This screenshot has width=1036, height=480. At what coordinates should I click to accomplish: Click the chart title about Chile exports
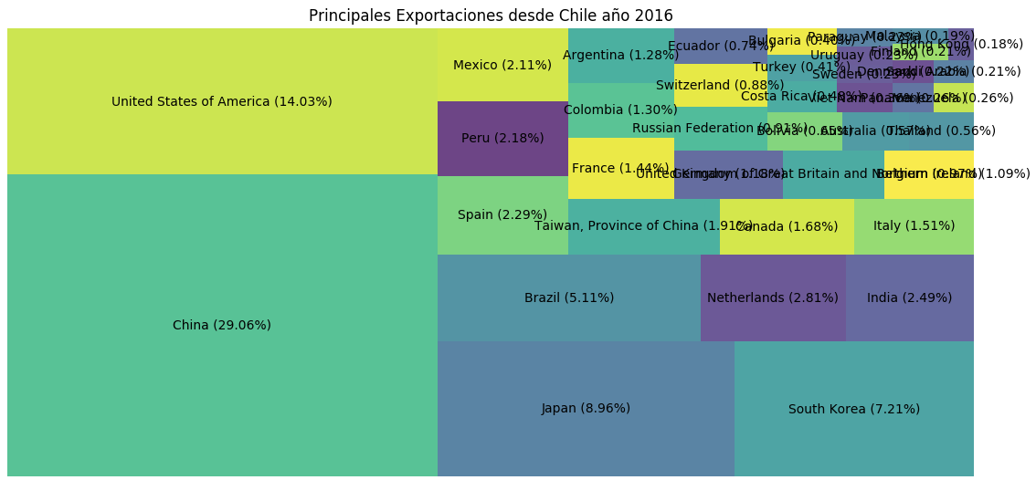[x=491, y=16]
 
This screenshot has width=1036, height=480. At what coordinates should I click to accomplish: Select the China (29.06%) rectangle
[x=222, y=325]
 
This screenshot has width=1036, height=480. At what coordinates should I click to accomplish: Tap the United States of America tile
[x=222, y=101]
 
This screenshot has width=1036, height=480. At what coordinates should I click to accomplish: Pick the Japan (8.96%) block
[x=586, y=408]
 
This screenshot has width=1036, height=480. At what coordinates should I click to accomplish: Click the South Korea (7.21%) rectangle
[x=853, y=409]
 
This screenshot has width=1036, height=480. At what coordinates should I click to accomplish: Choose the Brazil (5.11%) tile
[x=569, y=297]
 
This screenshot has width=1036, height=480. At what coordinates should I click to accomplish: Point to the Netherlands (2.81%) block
[x=773, y=297]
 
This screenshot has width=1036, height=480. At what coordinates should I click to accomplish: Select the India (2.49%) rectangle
[x=910, y=297]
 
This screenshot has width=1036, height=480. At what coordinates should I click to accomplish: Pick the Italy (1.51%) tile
[x=914, y=226]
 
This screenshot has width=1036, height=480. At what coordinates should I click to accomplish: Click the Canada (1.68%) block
[x=787, y=226]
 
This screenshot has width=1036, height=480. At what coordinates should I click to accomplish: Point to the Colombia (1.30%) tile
[x=621, y=110]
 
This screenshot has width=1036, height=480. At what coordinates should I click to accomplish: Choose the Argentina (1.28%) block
[x=621, y=55]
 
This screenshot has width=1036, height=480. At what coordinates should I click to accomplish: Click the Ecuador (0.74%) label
[x=721, y=46]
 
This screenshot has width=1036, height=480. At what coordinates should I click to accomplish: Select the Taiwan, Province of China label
[x=643, y=226]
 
